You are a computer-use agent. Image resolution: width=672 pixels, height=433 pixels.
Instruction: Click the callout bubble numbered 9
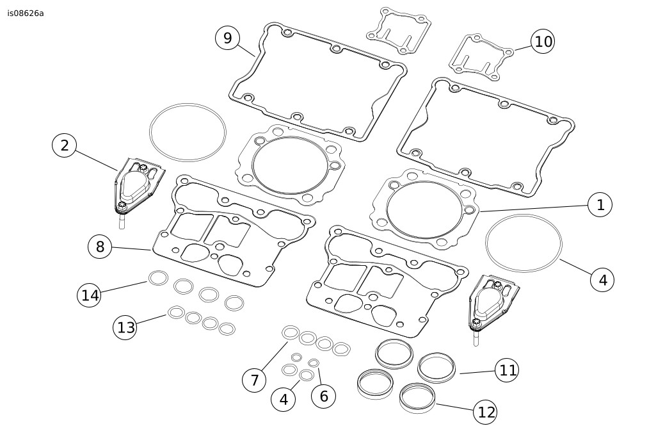[x=227, y=38]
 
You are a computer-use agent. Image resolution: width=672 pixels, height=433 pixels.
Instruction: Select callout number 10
[x=543, y=42]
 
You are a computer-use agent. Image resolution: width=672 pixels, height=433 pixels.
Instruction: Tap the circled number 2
[x=64, y=145]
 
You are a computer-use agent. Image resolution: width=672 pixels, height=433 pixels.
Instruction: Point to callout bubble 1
[x=600, y=205]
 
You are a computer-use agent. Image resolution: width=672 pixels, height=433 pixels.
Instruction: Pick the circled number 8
[x=100, y=247]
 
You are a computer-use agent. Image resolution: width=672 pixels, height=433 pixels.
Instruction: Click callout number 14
[x=90, y=295]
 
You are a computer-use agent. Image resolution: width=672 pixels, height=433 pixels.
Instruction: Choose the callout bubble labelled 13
[x=126, y=327]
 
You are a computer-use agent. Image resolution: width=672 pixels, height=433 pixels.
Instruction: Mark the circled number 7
[x=254, y=380]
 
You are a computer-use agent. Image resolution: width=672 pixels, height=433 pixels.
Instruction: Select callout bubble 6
[x=323, y=396]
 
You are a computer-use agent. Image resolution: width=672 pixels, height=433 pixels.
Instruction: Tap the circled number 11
[x=507, y=370]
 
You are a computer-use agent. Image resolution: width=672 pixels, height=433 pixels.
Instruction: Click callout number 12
[x=486, y=413]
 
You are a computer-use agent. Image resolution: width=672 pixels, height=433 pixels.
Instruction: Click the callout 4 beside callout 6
[x=283, y=400]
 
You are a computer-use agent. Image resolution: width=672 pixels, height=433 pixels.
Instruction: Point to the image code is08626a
[x=26, y=13]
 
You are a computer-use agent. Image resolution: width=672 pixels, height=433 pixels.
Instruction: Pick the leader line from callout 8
[x=132, y=249]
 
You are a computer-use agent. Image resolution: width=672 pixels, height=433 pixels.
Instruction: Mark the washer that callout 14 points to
[x=158, y=277]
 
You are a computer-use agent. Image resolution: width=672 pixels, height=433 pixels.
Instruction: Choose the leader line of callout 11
[x=477, y=372]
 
